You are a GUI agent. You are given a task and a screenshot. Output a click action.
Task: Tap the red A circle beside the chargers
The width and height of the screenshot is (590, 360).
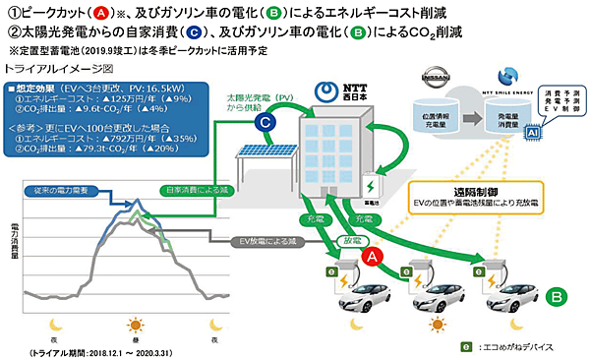pyautogui.click(x=373, y=257)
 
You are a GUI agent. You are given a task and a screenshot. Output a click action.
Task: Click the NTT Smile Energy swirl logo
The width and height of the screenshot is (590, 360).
pyautogui.click(x=498, y=77)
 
